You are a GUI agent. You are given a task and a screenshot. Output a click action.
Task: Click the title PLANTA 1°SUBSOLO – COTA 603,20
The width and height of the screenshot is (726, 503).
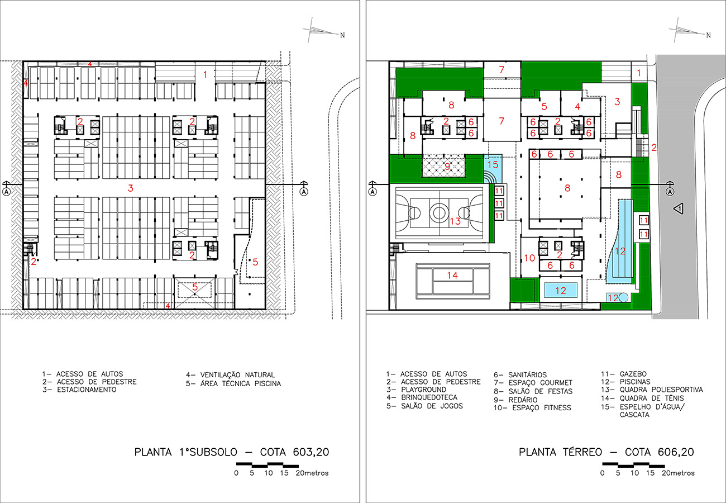point(232,452)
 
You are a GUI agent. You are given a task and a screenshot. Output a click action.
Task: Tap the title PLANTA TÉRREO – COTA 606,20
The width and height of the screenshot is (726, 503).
point(606,452)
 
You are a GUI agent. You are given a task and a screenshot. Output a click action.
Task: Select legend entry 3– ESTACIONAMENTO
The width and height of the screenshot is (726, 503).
point(79,390)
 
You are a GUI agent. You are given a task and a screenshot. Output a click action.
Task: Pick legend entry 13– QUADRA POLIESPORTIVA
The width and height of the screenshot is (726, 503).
point(652,390)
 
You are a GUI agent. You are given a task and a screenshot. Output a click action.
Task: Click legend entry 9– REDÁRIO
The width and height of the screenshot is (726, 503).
point(515,400)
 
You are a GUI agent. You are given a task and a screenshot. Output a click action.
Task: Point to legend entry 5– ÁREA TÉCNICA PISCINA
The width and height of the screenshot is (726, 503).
point(233,383)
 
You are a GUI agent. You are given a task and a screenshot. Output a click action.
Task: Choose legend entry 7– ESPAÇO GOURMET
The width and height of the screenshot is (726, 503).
point(533,383)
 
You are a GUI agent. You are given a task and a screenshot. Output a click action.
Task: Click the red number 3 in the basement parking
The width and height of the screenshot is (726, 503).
point(130,188)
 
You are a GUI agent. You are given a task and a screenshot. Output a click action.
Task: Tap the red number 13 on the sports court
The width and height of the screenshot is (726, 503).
point(455,221)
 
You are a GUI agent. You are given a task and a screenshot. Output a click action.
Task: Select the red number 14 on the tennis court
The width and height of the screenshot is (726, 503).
point(452,276)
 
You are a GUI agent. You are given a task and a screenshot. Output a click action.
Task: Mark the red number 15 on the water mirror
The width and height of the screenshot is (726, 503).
point(493,164)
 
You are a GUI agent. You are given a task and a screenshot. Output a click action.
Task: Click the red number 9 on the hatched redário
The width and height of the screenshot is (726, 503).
point(447,167)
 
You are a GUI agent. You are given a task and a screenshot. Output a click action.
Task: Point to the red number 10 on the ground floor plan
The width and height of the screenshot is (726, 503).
point(529,258)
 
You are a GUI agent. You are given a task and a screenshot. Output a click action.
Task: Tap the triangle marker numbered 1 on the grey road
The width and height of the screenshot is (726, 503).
point(679,208)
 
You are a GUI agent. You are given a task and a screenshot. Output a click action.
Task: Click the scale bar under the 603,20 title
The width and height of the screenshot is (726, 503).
point(268,465)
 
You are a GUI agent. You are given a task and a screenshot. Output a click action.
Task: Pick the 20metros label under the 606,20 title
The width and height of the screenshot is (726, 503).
point(678,473)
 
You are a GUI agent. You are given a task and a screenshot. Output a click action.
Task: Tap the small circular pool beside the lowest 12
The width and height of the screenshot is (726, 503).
point(623,297)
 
